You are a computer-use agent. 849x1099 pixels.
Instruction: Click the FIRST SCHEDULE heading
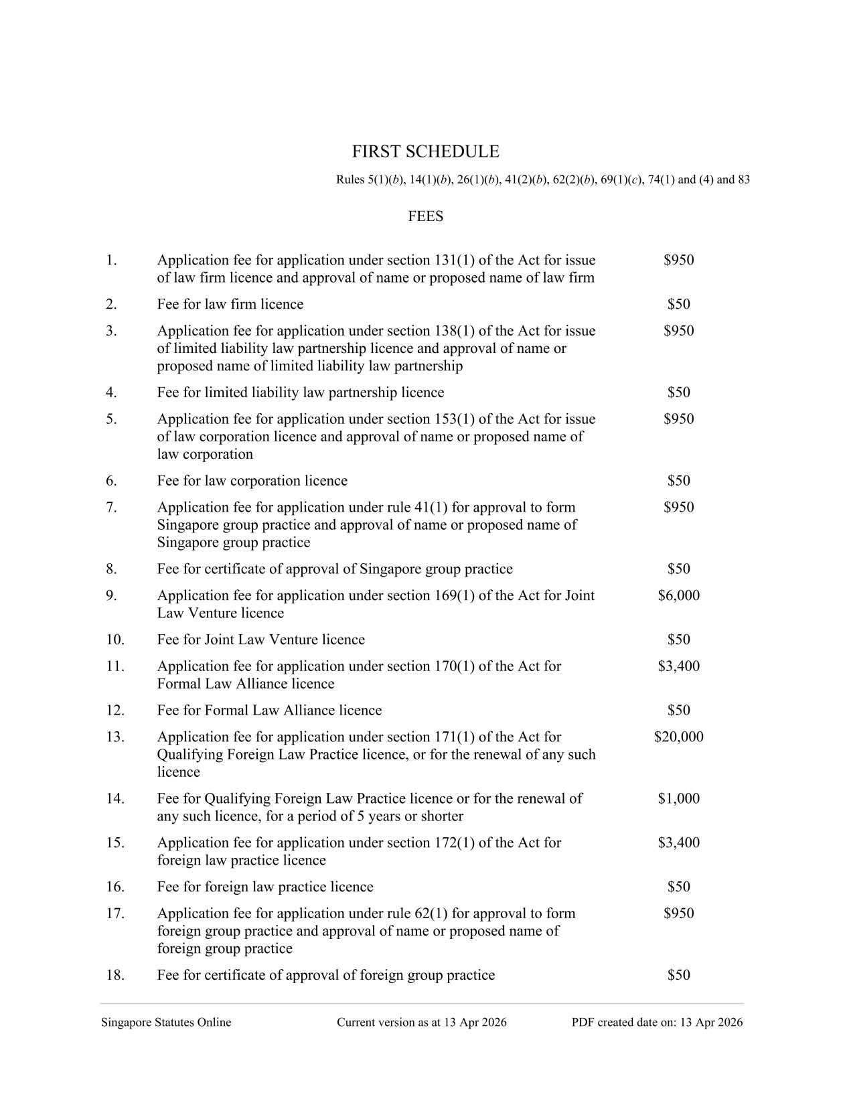click(425, 152)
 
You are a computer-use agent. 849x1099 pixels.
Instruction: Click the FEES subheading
click(425, 216)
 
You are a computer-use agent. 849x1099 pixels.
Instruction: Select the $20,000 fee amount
click(678, 737)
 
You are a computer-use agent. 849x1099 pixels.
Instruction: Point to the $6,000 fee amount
click(678, 596)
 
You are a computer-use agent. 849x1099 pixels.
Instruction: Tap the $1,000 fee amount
click(678, 799)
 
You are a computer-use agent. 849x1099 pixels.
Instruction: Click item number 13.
click(115, 737)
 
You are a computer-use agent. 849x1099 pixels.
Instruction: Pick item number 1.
click(111, 261)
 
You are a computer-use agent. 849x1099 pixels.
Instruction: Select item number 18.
click(115, 975)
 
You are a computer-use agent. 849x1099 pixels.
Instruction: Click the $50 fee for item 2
click(678, 305)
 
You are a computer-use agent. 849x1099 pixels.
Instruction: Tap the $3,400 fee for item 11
click(678, 666)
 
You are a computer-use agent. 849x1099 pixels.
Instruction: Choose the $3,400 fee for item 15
click(678, 843)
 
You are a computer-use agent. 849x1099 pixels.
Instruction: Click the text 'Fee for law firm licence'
click(230, 305)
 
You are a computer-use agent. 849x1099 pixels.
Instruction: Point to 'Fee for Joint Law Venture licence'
click(260, 640)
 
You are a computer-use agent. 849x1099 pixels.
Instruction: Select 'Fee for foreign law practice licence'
click(264, 887)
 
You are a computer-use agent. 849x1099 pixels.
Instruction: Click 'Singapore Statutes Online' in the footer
click(166, 1023)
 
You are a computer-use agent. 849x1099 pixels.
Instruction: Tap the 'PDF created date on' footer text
click(657, 1023)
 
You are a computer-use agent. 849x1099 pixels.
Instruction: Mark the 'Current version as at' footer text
click(421, 1023)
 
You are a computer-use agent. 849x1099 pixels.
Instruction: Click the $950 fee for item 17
click(678, 914)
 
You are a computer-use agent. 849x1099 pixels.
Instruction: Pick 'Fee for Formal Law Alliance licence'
click(269, 711)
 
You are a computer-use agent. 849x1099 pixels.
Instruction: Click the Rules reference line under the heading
click(542, 180)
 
